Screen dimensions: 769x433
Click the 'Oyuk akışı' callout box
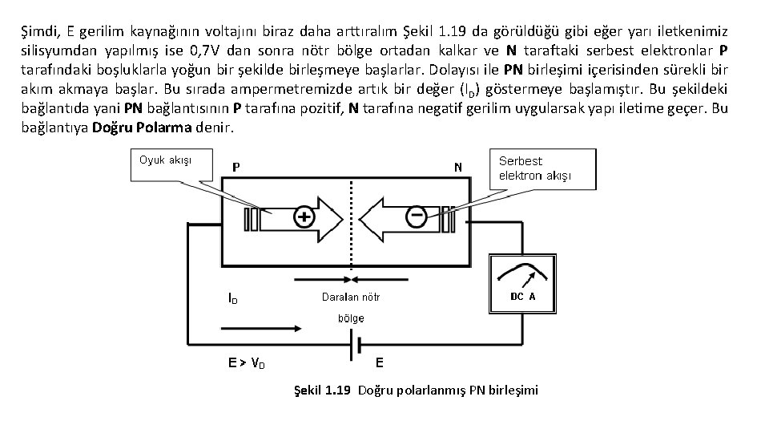(x=165, y=160)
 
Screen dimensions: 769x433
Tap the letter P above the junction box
(x=236, y=168)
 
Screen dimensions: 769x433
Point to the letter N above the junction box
(x=457, y=168)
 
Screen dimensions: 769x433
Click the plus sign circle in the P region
(x=304, y=218)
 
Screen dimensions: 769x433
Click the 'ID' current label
(x=232, y=298)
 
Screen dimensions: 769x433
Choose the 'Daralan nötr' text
(x=351, y=297)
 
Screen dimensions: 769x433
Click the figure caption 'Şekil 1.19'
(x=321, y=391)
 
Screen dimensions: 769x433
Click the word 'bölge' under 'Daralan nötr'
(x=349, y=318)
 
